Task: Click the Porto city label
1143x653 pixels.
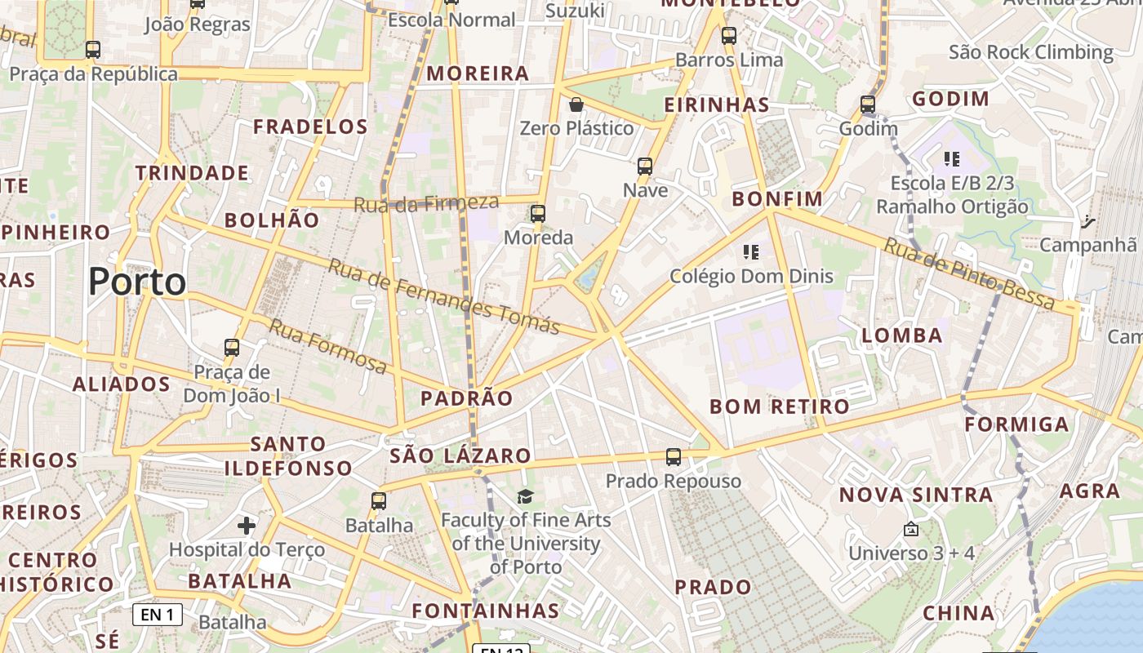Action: click(137, 282)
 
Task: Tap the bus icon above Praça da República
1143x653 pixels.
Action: click(93, 49)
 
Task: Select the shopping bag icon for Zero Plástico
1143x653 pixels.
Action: click(576, 104)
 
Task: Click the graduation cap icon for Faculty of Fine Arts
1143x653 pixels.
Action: click(525, 495)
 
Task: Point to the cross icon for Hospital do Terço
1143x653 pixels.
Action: click(247, 525)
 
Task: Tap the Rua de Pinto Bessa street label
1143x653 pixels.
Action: click(969, 274)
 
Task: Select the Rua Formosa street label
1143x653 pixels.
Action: click(327, 346)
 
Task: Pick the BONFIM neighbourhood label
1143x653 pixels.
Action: click(777, 199)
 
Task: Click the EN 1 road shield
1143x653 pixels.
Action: click(158, 615)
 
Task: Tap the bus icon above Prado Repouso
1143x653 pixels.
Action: click(674, 457)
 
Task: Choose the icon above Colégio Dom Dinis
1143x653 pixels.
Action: click(751, 251)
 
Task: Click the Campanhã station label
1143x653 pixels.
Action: click(1087, 244)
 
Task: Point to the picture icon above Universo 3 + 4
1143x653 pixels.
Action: click(911, 530)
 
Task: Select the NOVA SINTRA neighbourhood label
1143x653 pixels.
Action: click(916, 495)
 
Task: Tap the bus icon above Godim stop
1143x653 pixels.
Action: click(868, 104)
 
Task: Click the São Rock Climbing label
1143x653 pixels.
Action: click(1031, 52)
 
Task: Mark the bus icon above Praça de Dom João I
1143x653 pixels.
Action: click(232, 348)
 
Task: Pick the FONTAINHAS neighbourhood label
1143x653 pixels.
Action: click(485, 611)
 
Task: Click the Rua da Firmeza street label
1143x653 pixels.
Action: click(425, 202)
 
